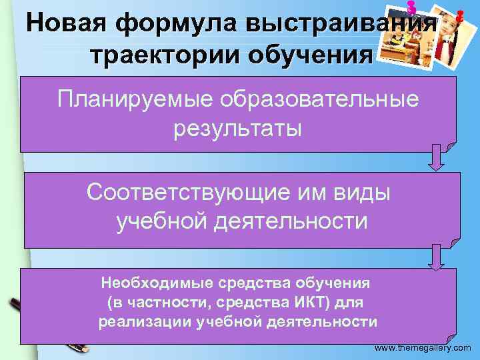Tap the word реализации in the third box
click(145, 322)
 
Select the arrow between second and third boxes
click(435, 256)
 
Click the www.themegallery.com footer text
click(423, 349)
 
